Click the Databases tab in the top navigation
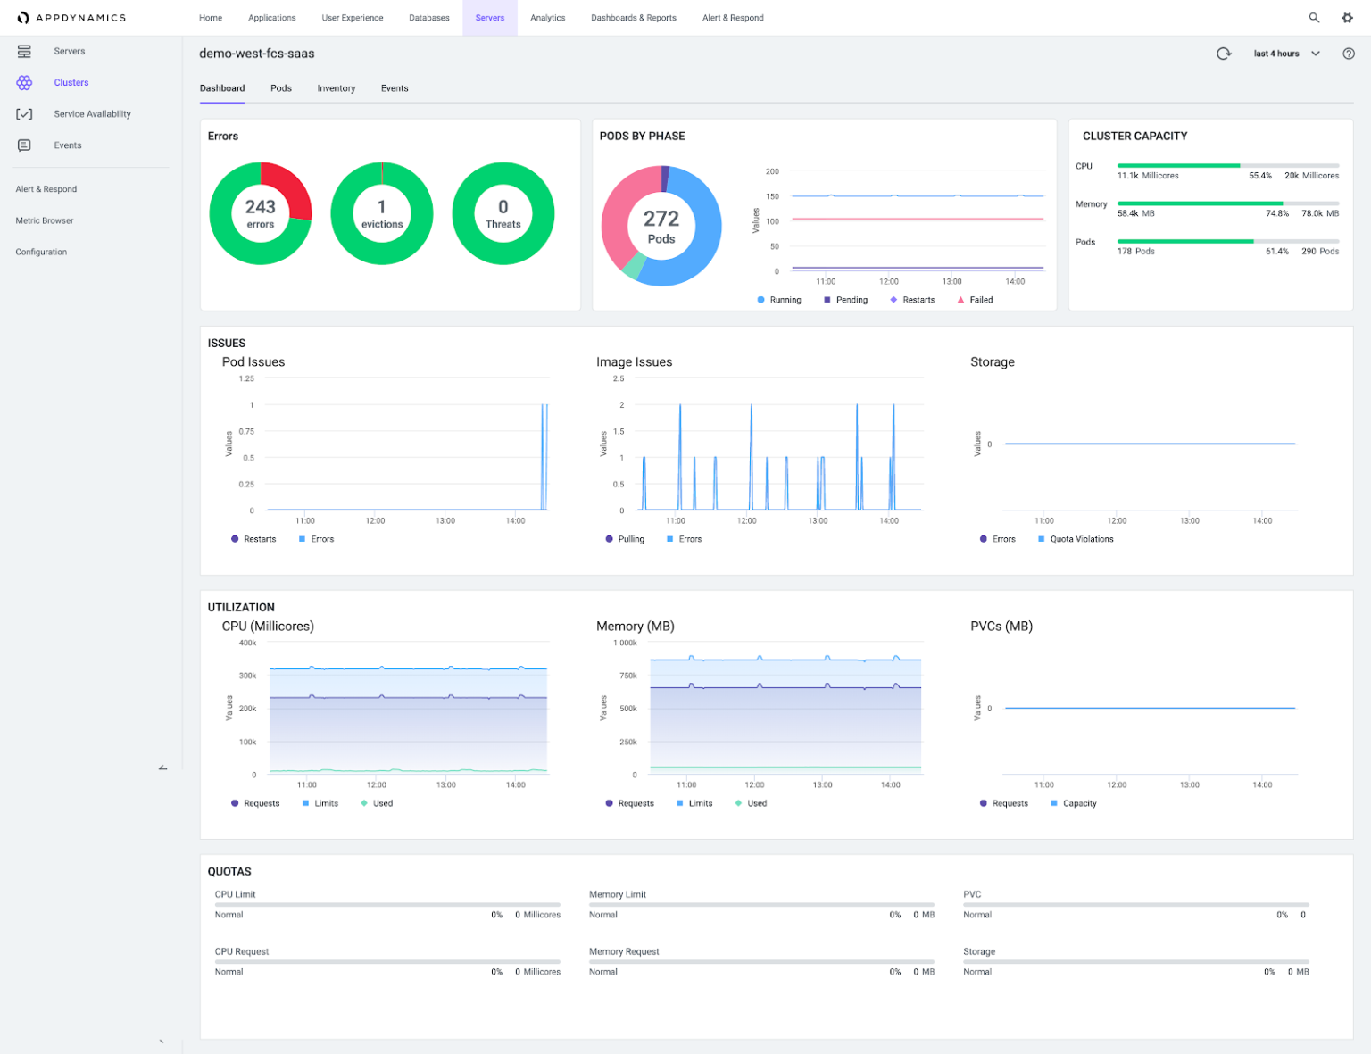[428, 18]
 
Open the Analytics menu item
[547, 18]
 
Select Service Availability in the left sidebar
[92, 114]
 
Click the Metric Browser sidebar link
[45, 220]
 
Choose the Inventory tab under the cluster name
[336, 88]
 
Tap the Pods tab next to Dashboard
[281, 88]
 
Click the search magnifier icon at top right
[1314, 18]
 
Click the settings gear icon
[1347, 18]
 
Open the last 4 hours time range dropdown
[1286, 54]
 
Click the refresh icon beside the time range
[1224, 54]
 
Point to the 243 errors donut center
[261, 213]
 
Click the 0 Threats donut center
[503, 213]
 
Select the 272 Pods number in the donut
[661, 219]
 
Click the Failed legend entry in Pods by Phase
[980, 300]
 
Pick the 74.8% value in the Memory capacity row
[1276, 214]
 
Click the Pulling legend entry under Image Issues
[630, 539]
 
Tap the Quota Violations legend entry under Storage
[1081, 539]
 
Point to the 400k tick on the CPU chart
[247, 643]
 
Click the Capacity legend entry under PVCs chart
[1079, 803]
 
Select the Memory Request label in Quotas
[624, 951]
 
